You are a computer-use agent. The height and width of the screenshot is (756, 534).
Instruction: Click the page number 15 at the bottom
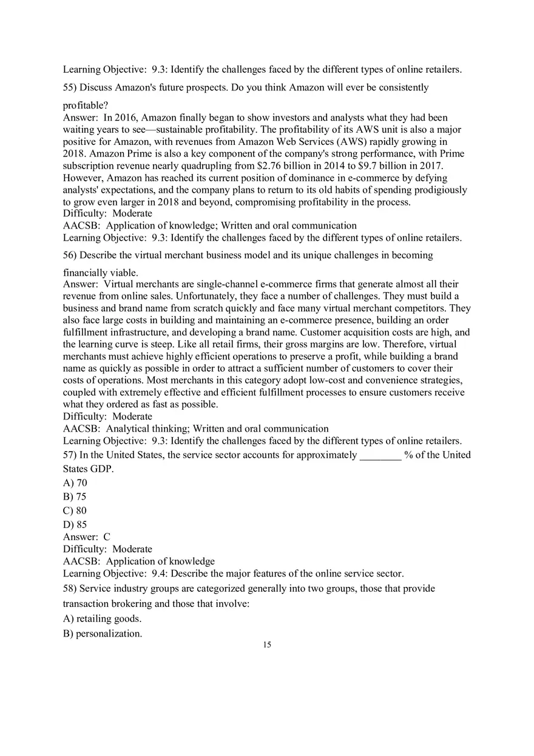coord(267,644)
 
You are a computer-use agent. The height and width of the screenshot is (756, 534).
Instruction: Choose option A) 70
coord(75,483)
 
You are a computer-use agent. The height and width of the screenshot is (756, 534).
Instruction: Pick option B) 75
coord(75,497)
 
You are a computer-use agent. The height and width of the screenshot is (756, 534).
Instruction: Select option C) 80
coord(75,510)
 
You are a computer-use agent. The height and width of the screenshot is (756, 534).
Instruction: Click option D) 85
coord(75,524)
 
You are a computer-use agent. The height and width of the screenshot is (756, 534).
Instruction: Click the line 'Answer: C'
coord(87,537)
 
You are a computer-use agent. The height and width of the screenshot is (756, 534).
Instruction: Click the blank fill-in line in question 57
coord(380,455)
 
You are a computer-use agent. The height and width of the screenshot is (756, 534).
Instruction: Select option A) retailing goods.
coord(102,618)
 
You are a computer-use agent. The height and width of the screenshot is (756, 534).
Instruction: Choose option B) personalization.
coord(103,634)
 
